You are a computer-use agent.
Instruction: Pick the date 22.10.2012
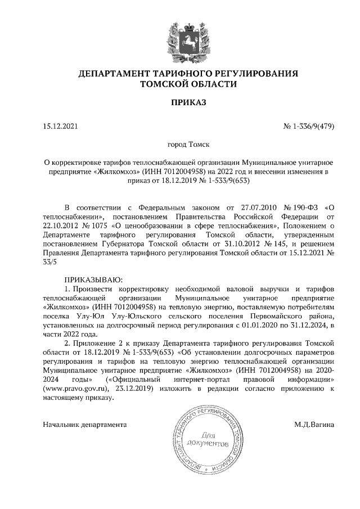tap(61, 226)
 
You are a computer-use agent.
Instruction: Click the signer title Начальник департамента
tap(84, 424)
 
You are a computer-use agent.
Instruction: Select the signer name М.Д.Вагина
tap(314, 424)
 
